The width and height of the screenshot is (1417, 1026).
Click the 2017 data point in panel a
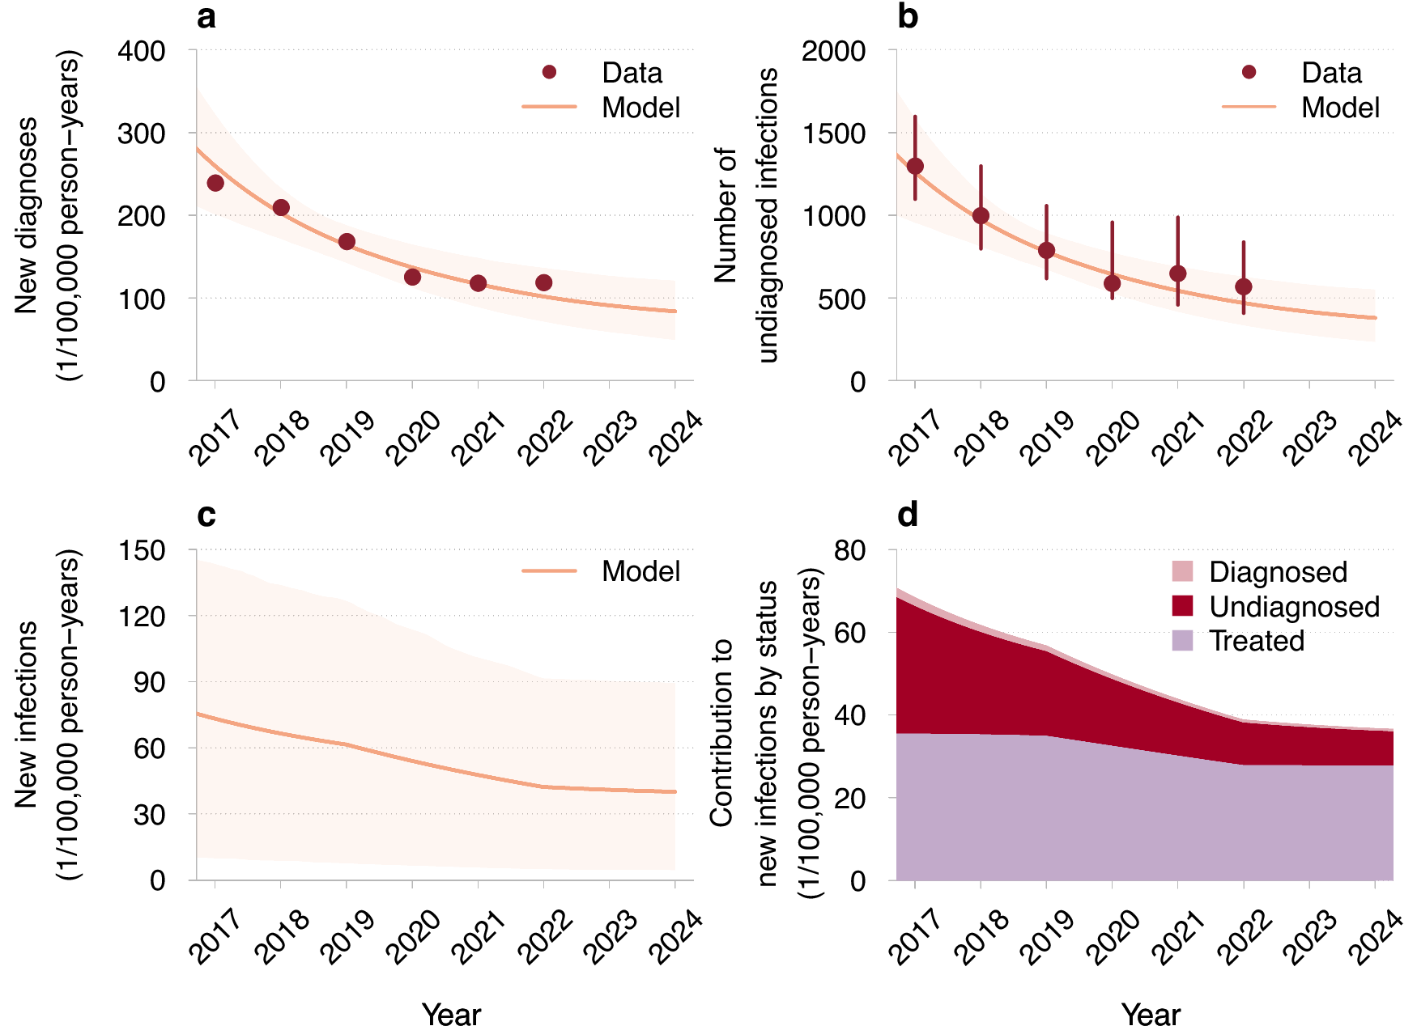point(215,183)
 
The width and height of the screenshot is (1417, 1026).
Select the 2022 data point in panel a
point(544,282)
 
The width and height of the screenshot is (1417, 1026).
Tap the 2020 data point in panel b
point(1112,283)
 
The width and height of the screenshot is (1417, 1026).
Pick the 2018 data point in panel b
point(981,215)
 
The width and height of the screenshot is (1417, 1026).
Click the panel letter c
point(206,515)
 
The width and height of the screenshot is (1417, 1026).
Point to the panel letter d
point(907,515)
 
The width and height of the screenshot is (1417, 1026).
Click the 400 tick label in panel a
point(142,51)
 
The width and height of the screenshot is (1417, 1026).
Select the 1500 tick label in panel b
point(833,134)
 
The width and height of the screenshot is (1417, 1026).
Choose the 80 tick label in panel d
point(849,550)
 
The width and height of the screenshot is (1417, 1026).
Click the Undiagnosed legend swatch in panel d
point(1182,606)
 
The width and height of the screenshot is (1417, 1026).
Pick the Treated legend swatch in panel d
point(1182,641)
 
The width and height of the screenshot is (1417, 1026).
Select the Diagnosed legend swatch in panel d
point(1182,571)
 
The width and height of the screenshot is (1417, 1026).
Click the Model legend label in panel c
point(640,571)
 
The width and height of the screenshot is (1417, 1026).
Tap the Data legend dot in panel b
point(1249,72)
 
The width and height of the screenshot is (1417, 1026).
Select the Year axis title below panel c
point(451,1014)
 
